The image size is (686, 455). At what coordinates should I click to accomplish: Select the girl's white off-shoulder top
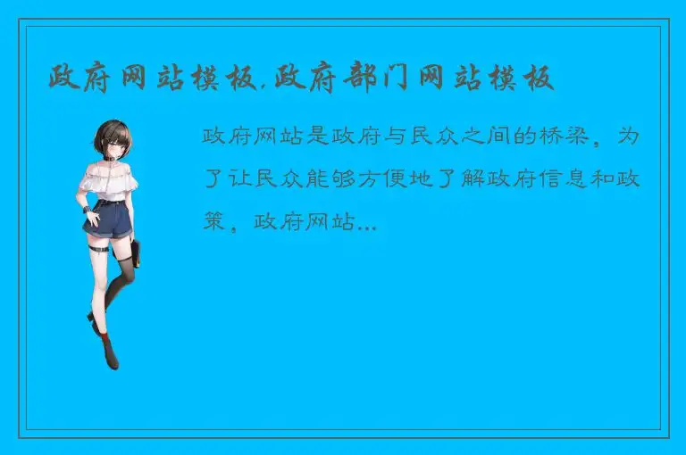tap(105, 179)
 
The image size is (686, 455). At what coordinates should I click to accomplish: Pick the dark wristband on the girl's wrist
tap(87, 210)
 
